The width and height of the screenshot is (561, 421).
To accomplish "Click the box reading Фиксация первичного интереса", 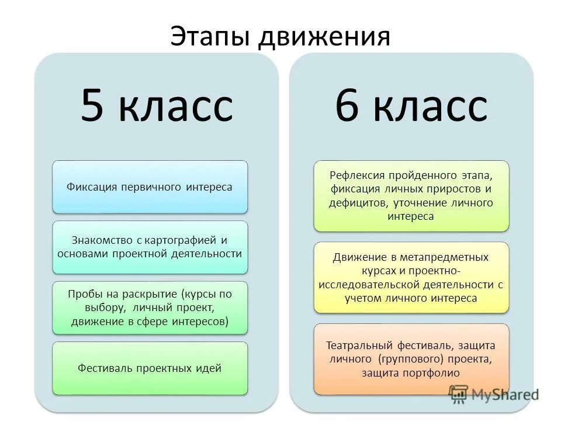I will pyautogui.click(x=150, y=187).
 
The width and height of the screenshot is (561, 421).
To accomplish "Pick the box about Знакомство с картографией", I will pyautogui.click(x=150, y=247).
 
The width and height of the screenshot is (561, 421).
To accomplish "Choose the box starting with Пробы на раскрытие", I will pyautogui.click(x=150, y=308).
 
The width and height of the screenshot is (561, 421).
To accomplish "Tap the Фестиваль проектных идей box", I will pyautogui.click(x=150, y=368).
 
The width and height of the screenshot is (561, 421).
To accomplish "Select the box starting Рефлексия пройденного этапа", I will pyautogui.click(x=411, y=196).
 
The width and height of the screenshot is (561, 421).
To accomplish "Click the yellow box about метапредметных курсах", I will pyautogui.click(x=411, y=277).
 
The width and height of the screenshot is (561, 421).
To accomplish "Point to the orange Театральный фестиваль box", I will pyautogui.click(x=411, y=358).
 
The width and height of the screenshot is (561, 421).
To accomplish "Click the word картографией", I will pyautogui.click(x=177, y=240).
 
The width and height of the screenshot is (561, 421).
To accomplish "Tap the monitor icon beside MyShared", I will pyautogui.click(x=460, y=394).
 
